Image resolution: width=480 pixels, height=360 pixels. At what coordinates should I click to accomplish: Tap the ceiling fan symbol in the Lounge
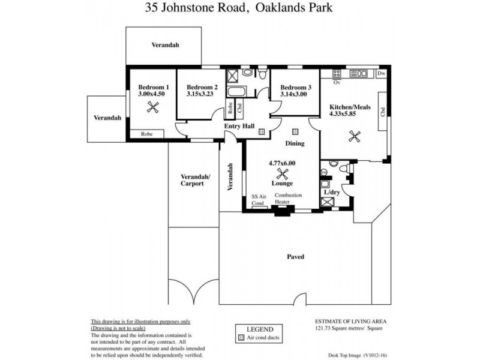pos(281,175)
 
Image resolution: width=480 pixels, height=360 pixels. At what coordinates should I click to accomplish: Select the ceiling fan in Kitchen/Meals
pos(354,137)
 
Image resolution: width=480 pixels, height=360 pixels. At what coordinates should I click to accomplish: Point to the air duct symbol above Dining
pos(295,131)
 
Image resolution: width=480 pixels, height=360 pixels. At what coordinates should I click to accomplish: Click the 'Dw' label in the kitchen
pos(381,73)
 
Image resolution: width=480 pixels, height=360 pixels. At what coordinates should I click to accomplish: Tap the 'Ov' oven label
pos(337,82)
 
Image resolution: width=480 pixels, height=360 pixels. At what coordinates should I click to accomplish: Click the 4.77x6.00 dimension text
pos(281,162)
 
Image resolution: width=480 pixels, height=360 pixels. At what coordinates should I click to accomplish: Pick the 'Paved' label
pos(295,257)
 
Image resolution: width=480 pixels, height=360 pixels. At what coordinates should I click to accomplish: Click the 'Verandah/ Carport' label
pos(193,180)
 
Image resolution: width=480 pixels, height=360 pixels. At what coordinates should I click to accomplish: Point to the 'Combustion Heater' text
pos(288,199)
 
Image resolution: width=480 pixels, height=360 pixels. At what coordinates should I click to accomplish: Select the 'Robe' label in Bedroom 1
pos(147,134)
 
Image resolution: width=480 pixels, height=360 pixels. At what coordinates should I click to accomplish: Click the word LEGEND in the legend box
pos(260,329)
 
